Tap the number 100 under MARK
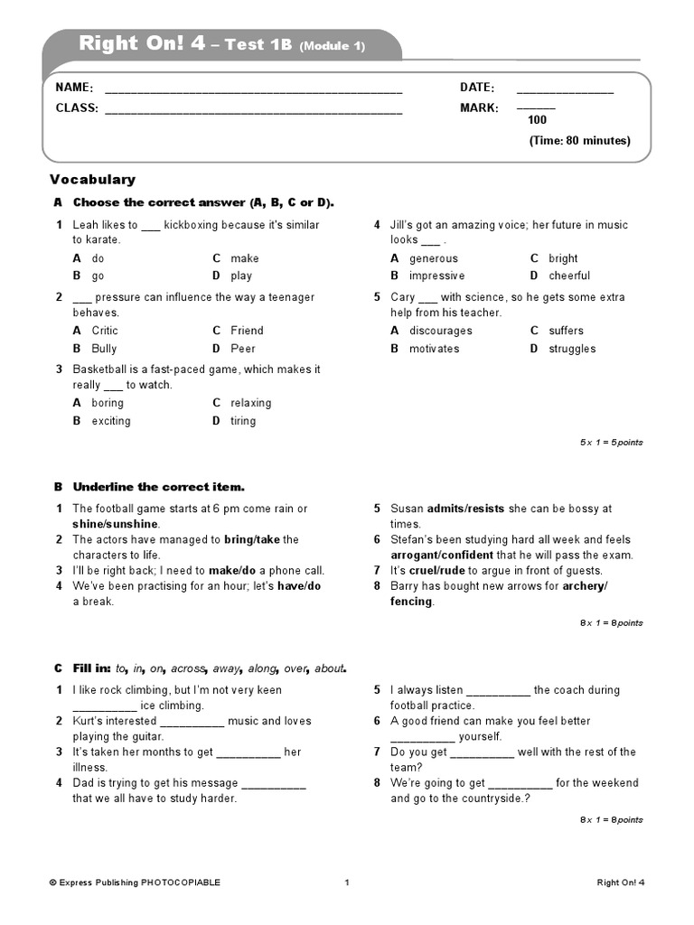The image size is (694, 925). pyautogui.click(x=537, y=120)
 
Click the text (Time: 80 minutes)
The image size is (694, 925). pyautogui.click(x=579, y=141)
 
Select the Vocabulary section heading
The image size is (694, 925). pyautogui.click(x=92, y=180)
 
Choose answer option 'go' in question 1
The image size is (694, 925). pyautogui.click(x=98, y=276)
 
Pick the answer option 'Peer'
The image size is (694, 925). pyautogui.click(x=243, y=349)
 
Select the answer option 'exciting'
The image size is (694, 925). pyautogui.click(x=111, y=421)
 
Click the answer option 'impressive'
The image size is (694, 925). pyautogui.click(x=436, y=276)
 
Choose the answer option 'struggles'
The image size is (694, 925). pyautogui.click(x=572, y=349)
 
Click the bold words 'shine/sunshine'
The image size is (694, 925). pyautogui.click(x=116, y=524)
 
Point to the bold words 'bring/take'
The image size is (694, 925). pyautogui.click(x=252, y=539)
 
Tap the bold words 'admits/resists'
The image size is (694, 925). pyautogui.click(x=465, y=509)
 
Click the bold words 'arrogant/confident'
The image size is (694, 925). pyautogui.click(x=442, y=555)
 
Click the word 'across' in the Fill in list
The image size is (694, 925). pyautogui.click(x=188, y=668)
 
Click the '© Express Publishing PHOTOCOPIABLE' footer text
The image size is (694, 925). pyautogui.click(x=135, y=883)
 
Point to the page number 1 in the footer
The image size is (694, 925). pyautogui.click(x=347, y=883)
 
